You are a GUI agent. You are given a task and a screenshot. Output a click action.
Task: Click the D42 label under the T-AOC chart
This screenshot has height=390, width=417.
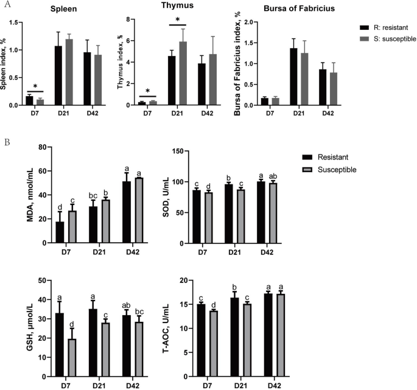pos(267,386)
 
